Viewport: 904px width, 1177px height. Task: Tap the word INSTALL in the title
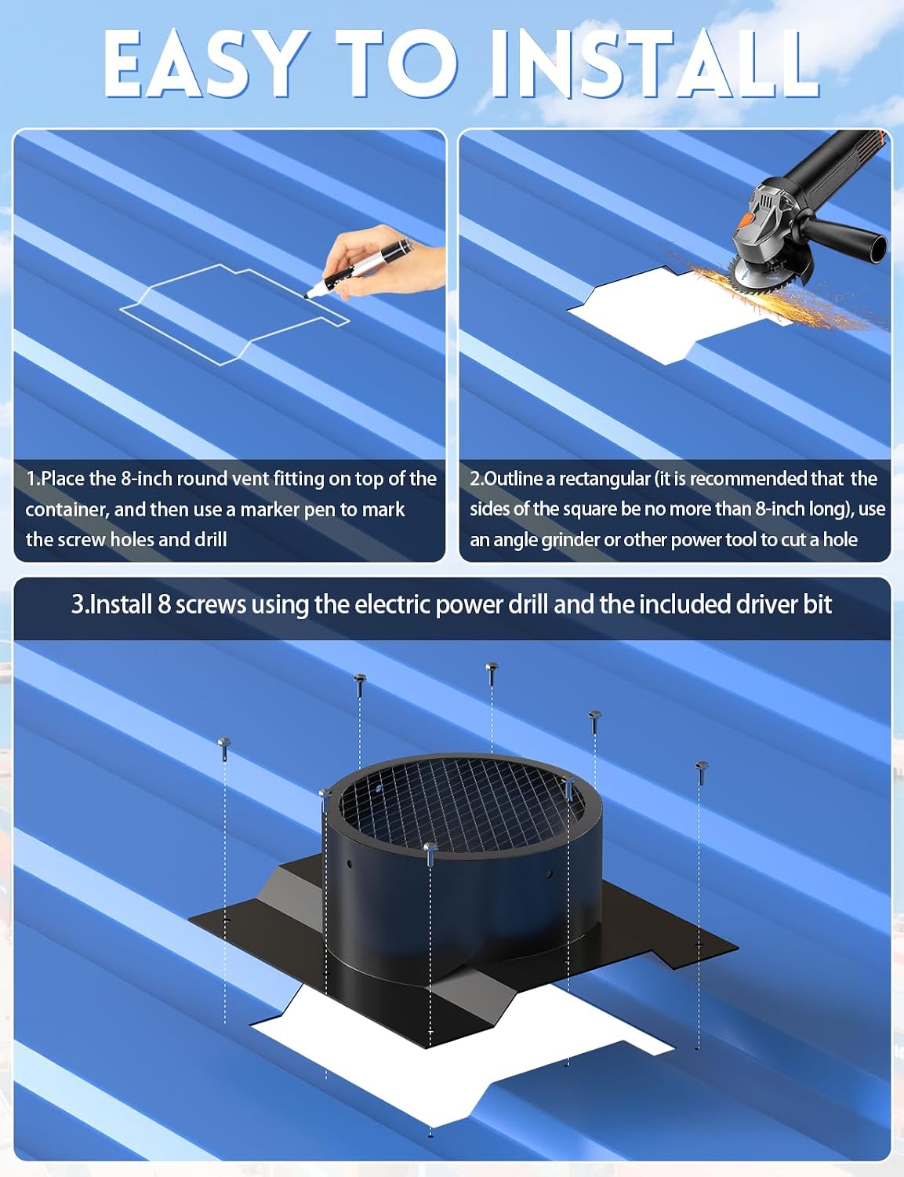pos(654,64)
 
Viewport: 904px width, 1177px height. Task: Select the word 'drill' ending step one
pos(209,540)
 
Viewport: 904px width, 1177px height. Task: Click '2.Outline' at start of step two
pos(506,479)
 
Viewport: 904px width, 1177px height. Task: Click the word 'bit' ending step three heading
pos(817,604)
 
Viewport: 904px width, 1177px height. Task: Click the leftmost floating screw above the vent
pos(224,749)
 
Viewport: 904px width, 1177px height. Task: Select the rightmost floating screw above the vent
pos(702,773)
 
